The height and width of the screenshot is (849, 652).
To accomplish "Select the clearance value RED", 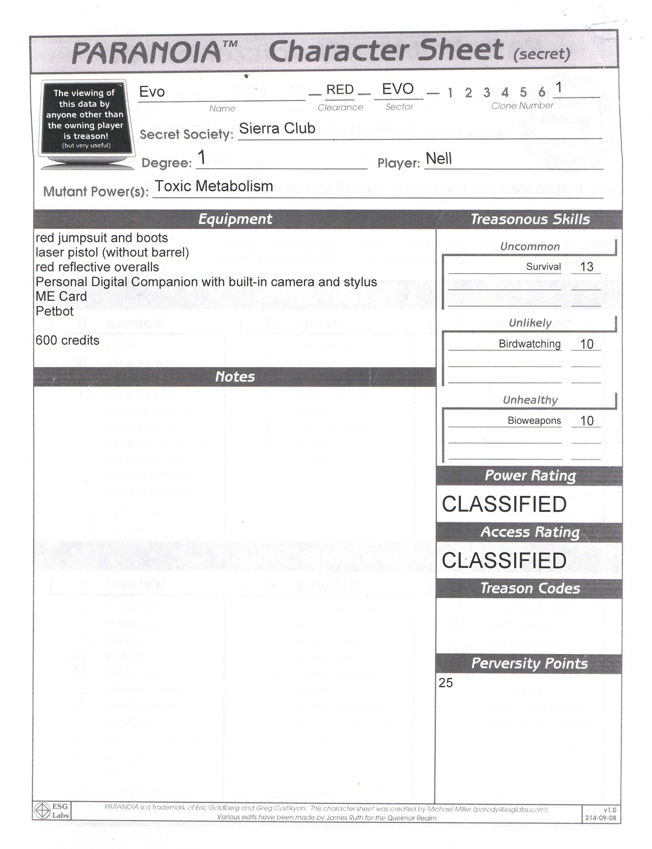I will (x=340, y=90).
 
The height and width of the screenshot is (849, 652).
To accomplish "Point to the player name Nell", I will (x=439, y=159).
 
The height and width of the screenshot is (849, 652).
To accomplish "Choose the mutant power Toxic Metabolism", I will (x=214, y=186).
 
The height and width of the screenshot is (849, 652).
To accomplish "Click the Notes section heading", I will (x=235, y=377).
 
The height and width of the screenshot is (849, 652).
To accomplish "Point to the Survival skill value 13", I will (x=587, y=267).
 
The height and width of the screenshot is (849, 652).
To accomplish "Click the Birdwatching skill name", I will (x=529, y=344).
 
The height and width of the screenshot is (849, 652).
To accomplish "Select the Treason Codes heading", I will (x=530, y=589).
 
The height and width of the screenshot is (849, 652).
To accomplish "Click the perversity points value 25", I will (x=446, y=683).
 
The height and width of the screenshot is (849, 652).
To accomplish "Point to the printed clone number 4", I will (x=505, y=92).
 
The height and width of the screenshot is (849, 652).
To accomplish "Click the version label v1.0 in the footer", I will (x=610, y=810).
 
